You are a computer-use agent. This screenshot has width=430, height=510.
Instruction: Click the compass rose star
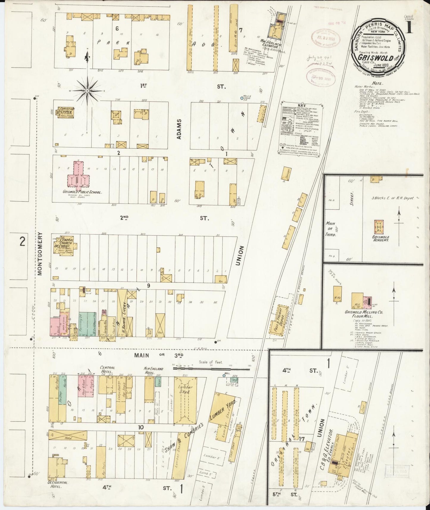(87, 90)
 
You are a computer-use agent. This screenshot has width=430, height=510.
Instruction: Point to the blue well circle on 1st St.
(242, 98)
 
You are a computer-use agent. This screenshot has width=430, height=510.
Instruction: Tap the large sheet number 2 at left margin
(22, 242)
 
